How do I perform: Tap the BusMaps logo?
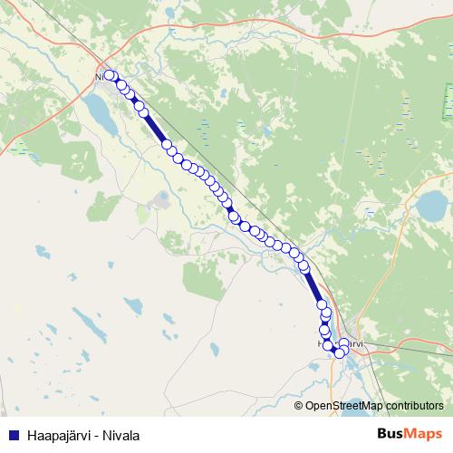[x=410, y=435]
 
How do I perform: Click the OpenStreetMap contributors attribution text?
[x=373, y=405]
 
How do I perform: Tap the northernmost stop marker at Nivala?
[x=110, y=76]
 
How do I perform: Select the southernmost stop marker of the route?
[x=341, y=353]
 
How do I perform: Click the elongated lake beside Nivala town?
[x=97, y=111]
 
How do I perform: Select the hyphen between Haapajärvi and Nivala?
[x=92, y=436]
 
